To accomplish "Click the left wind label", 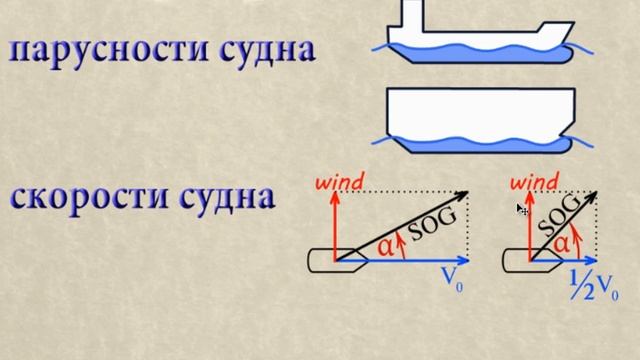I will click(x=340, y=182).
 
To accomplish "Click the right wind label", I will click(x=534, y=182).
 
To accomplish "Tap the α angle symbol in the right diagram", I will click(x=561, y=242).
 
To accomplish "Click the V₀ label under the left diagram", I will click(x=452, y=281).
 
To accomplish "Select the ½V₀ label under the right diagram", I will click(x=591, y=289).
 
